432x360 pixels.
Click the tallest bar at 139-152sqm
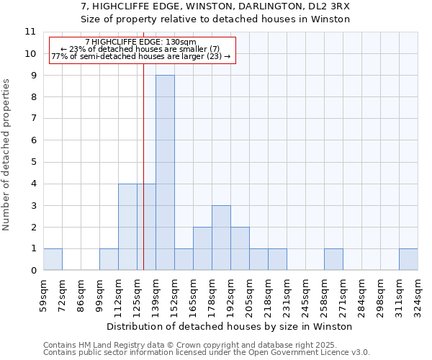(165, 173)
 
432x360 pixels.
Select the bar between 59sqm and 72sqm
(53, 259)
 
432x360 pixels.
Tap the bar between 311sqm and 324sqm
(408, 259)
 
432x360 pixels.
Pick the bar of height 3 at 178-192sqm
(221, 238)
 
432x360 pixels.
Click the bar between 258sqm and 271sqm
(333, 259)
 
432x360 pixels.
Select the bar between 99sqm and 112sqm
(109, 259)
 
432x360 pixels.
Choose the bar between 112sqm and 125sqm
(127, 227)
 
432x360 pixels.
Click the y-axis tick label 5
(33, 162)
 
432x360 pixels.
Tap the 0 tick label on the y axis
(33, 271)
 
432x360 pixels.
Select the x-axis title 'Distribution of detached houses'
(230, 326)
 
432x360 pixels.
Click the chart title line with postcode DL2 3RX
(215, 6)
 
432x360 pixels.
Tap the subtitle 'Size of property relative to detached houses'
(215, 19)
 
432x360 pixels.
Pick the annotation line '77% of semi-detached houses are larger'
(141, 56)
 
